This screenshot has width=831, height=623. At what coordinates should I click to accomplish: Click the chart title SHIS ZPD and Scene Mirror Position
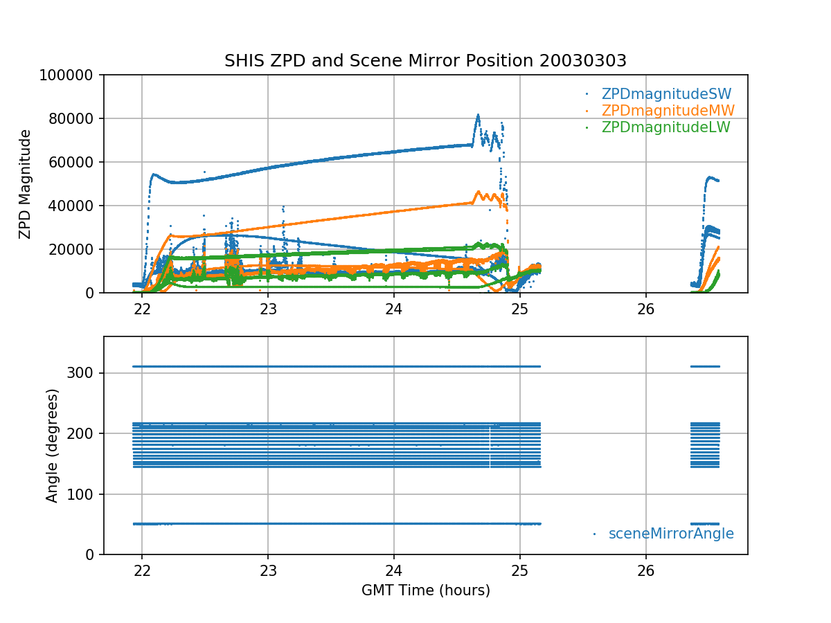pos(425,61)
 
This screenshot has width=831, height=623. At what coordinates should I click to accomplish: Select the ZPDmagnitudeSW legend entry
pos(666,94)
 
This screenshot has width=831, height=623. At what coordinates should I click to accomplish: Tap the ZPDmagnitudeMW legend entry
pos(668,111)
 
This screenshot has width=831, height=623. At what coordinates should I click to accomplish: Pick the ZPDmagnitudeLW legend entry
pos(665,127)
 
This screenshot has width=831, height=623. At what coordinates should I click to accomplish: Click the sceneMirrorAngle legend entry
pos(670,534)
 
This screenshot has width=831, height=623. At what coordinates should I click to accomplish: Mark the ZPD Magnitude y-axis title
pos(26,184)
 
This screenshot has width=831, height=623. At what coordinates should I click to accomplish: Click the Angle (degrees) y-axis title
pos(53,445)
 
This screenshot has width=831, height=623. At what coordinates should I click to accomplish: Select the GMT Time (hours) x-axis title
pos(425,590)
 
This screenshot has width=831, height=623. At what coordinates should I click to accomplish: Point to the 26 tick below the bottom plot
pos(645,571)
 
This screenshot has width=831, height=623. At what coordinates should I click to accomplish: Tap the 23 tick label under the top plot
pos(268,309)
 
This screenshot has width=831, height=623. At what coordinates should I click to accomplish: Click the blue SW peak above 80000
pos(478,116)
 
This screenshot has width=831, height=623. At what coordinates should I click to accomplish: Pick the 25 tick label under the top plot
pos(519,309)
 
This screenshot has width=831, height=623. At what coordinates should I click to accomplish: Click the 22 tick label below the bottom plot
pos(142,571)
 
